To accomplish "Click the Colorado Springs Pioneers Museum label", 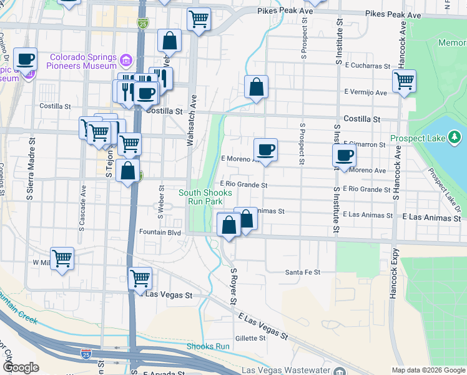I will click(79, 61).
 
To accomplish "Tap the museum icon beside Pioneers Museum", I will click(126, 61).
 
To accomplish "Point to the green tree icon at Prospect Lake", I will click(455, 136).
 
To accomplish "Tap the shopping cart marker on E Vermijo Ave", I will click(404, 80).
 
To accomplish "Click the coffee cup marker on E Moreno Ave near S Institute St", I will click(344, 154).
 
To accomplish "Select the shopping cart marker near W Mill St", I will click(62, 257).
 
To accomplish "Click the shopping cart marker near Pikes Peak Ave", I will click(199, 19).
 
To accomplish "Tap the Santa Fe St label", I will click(302, 272).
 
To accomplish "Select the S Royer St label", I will click(234, 287).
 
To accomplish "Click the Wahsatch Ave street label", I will click(192, 120).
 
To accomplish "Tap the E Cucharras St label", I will click(366, 64).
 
